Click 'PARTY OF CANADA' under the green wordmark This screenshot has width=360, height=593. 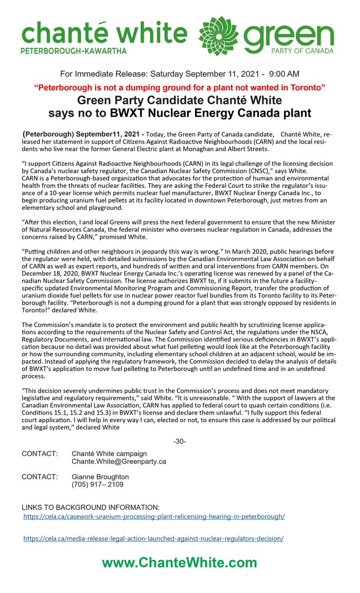[x=306, y=50]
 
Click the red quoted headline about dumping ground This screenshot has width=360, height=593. [x=180, y=87]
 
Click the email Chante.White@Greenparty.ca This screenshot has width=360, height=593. [x=119, y=462]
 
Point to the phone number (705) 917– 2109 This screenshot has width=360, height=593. [x=98, y=485]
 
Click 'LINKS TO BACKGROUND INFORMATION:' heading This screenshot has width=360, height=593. [x=91, y=508]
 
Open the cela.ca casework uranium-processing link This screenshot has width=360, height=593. [x=155, y=516]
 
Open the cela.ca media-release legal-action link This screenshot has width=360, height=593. [x=154, y=539]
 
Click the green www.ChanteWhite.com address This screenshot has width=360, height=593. [x=180, y=563]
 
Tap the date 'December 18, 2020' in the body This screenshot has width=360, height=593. [x=51, y=279]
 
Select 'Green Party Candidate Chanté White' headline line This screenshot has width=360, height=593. [x=180, y=100]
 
